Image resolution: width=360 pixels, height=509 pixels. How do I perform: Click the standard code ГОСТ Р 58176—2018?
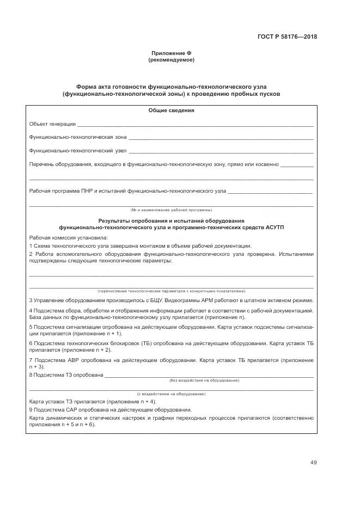pyautogui.click(x=287, y=37)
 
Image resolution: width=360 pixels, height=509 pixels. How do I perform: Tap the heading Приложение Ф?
pyautogui.click(x=171, y=53)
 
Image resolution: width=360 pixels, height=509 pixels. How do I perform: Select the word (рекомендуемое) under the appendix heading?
pyautogui.click(x=171, y=59)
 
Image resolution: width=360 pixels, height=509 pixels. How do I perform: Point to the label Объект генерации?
pyautogui.click(x=52, y=125)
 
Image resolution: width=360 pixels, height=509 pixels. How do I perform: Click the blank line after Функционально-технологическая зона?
pyautogui.click(x=221, y=138)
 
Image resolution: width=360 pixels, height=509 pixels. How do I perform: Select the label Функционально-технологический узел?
pyautogui.click(x=78, y=151)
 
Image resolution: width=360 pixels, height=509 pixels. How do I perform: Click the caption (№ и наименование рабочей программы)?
pyautogui.click(x=171, y=210)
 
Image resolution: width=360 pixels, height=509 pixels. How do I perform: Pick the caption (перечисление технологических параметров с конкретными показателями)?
pyautogui.click(x=171, y=291)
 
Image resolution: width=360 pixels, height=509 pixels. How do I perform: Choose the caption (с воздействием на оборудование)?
pyautogui.click(x=171, y=393)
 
